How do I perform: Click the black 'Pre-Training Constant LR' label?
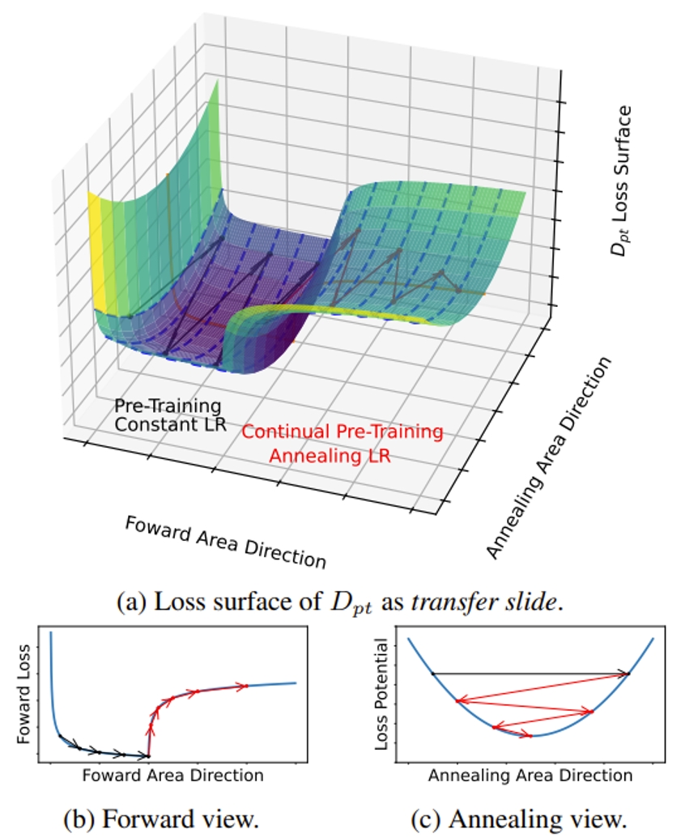tap(167, 413)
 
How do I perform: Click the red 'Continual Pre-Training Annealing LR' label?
tap(342, 443)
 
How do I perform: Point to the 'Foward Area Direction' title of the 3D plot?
tap(226, 541)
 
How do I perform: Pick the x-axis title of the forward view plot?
tap(172, 776)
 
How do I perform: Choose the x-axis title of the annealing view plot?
tap(530, 776)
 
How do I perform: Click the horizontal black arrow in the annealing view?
tap(530, 673)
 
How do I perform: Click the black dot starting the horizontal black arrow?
tap(433, 673)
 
